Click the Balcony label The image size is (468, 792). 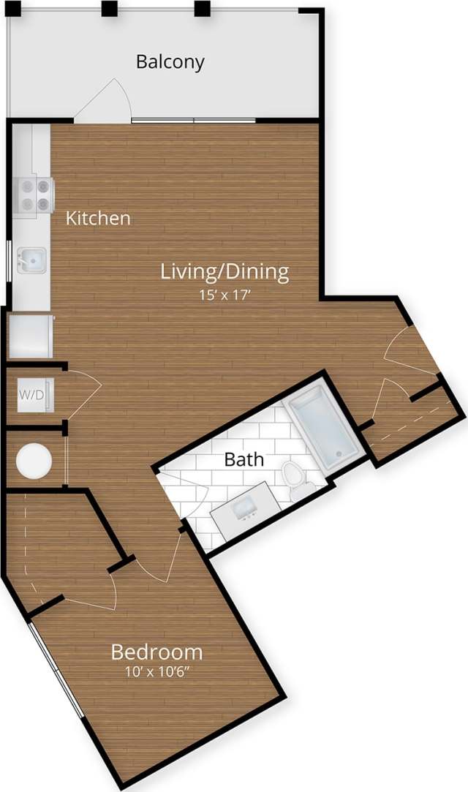pos(170,61)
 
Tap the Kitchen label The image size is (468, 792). pos(99,218)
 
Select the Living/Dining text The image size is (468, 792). pos(224,272)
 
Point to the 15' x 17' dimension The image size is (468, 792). pos(224,295)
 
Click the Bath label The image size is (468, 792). pos(244,460)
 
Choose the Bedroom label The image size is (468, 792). pos(156,652)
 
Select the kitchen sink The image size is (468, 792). pos(31,259)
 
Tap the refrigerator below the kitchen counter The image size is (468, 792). pos(31,336)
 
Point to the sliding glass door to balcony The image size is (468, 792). pos(193,119)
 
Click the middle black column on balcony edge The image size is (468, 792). pos(109,9)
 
